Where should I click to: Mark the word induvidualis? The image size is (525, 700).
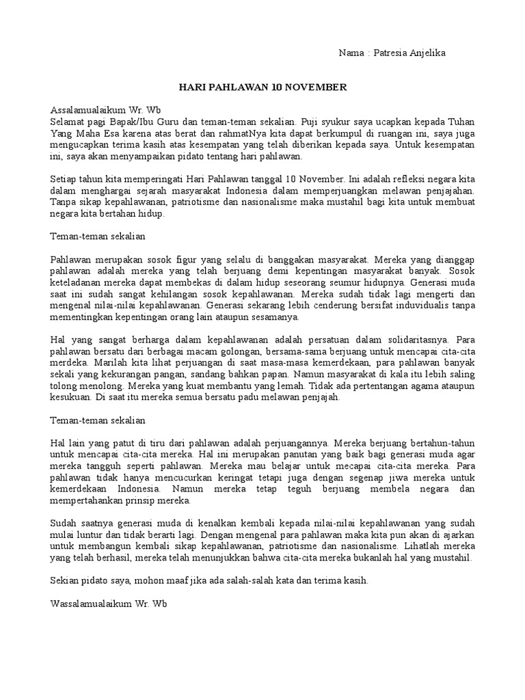pyautogui.click(x=412, y=306)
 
